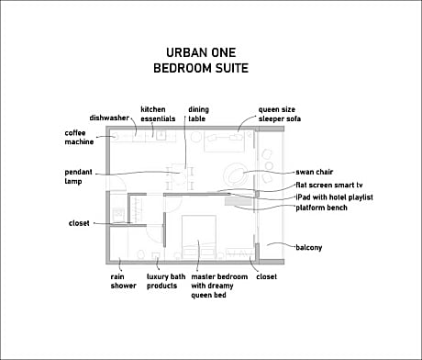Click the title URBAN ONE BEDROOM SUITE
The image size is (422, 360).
[201, 61]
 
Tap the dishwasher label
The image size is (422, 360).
[109, 118]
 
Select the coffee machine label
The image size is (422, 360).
[79, 137]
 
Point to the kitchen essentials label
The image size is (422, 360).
[158, 114]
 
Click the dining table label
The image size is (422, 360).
[198, 114]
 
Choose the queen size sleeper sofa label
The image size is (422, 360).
[280, 114]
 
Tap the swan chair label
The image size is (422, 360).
[315, 172]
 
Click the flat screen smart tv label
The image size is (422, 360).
[329, 186]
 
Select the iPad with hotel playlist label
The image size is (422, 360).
[334, 197]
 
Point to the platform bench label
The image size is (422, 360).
[321, 208]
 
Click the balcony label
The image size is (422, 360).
[309, 247]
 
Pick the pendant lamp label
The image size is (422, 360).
[78, 176]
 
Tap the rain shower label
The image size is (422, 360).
[123, 281]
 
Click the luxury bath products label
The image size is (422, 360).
[166, 281]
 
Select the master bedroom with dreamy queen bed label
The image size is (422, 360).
[219, 286]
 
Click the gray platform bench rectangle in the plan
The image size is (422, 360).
[239, 201]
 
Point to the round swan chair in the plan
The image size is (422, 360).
[235, 174]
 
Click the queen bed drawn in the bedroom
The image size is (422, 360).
[199, 236]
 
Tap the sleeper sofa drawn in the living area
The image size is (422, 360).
[224, 141]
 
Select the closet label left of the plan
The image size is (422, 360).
[79, 223]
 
